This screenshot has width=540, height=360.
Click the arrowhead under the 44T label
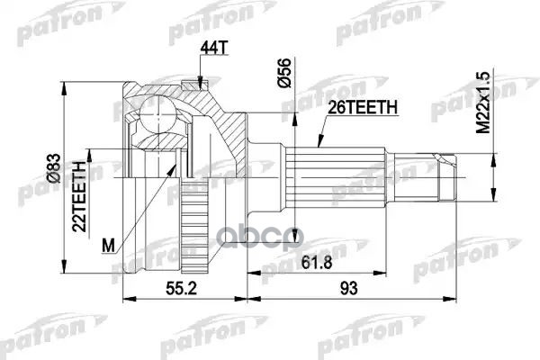(x=199, y=83)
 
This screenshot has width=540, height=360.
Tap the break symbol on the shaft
(x=418, y=167)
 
